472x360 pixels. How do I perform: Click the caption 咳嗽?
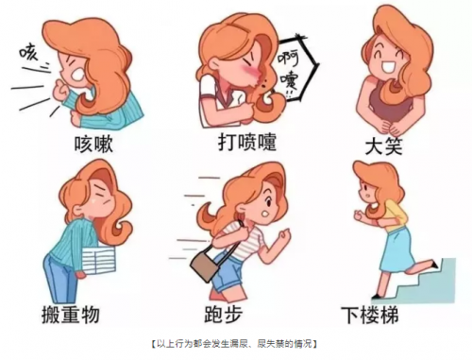coord(93,145)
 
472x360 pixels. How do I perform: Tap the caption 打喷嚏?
coord(247,142)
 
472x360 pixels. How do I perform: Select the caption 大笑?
coord(383,146)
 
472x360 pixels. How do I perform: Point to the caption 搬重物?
coord(71,314)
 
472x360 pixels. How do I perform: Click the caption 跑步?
coord(224,314)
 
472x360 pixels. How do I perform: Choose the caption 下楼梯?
coord(370,315)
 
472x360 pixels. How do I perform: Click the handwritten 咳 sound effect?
coord(29,53)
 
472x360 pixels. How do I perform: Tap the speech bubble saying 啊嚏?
coord(296,68)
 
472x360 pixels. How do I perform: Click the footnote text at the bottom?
coord(234,344)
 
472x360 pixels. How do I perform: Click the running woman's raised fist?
coord(283,235)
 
